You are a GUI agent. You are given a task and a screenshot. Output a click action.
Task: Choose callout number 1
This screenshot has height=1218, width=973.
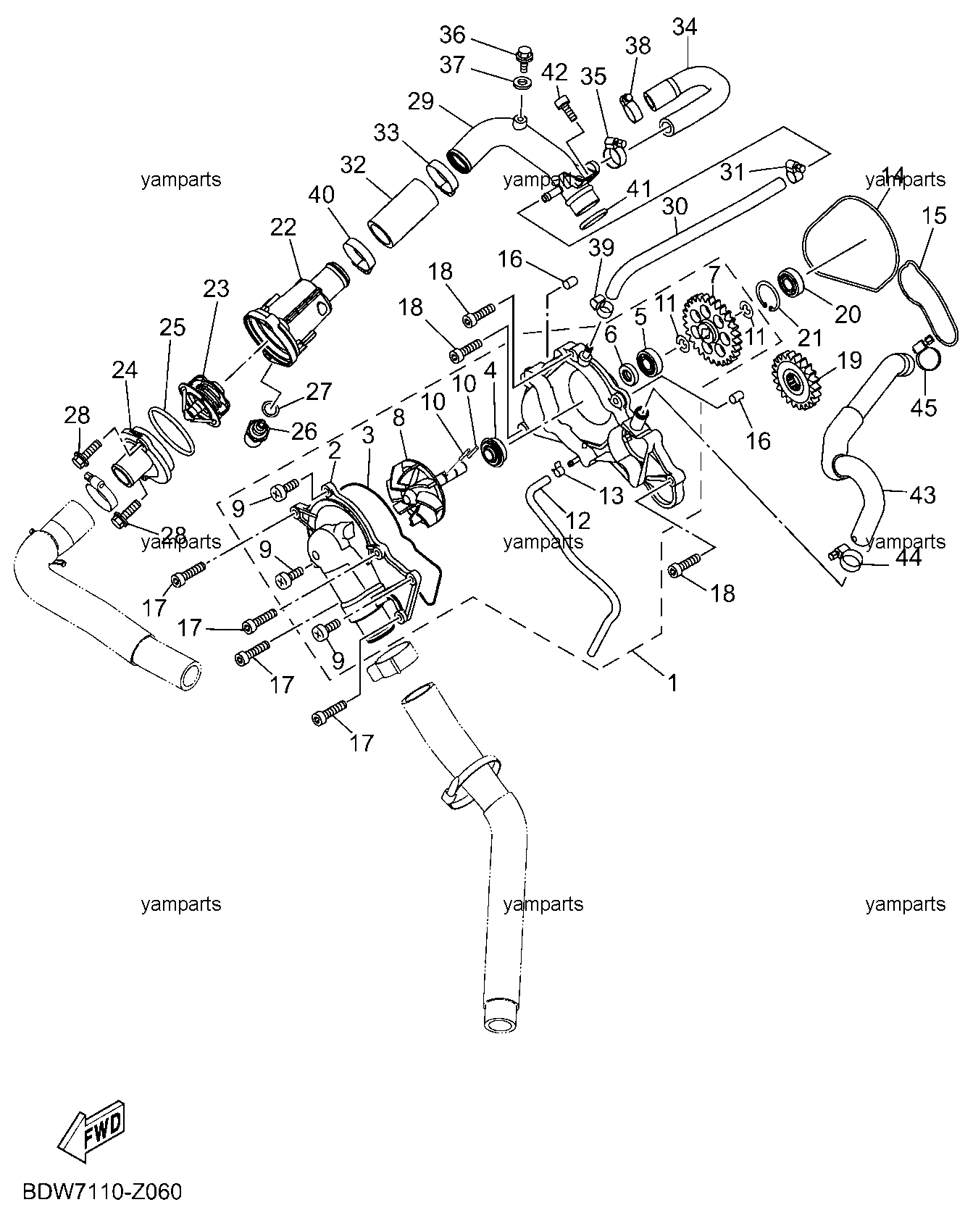672,683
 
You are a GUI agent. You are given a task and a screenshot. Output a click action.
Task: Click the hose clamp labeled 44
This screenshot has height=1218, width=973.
845,556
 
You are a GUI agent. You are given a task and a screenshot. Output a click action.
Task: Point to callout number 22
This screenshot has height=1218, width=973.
283,227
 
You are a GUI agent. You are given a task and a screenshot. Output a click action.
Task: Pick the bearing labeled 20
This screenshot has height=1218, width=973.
793,281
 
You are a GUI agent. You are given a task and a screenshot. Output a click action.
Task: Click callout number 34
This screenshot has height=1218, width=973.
685,27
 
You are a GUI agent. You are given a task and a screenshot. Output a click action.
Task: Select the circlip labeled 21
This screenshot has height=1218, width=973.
768,296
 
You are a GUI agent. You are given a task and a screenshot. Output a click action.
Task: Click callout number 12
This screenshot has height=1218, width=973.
577,520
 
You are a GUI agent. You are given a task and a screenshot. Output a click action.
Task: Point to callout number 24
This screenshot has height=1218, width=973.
124,370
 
